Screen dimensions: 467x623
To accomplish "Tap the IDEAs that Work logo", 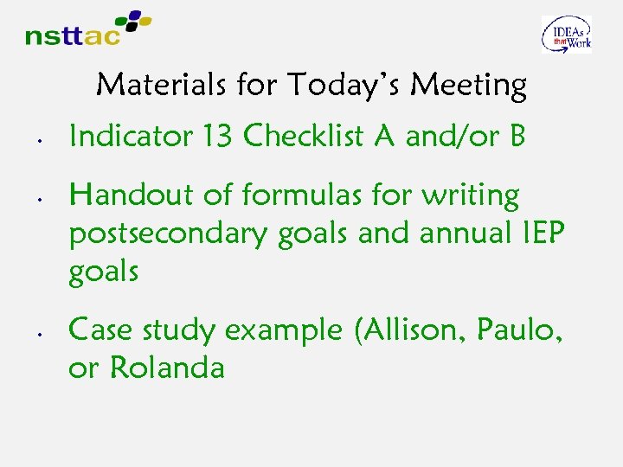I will [567, 35].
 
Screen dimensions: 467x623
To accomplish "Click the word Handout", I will [132, 195].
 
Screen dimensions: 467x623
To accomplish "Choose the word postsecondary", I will [170, 234].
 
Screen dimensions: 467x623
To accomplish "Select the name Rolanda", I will [168, 368].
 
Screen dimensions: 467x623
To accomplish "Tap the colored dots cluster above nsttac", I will [129, 21].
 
